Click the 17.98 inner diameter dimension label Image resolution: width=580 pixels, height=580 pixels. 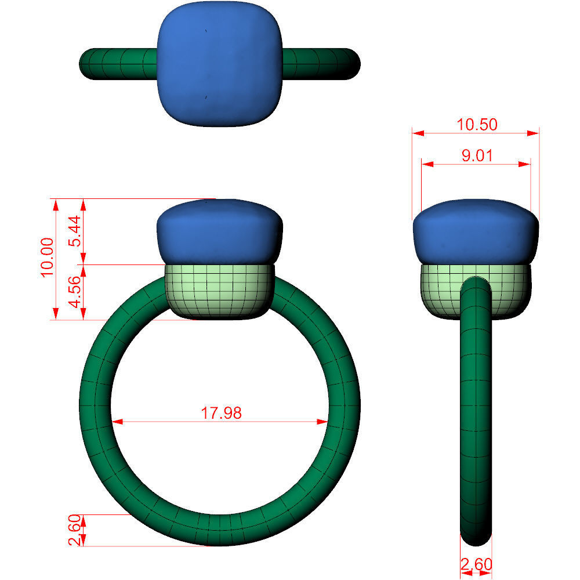(x=221, y=413)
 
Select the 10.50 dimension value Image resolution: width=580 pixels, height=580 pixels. (x=477, y=124)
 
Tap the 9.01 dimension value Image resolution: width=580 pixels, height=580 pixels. (x=477, y=155)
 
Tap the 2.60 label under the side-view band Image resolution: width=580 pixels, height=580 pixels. (x=476, y=564)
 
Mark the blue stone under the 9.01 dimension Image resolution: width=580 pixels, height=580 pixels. (x=476, y=232)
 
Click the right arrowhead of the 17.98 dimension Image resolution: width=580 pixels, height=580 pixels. (x=325, y=422)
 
